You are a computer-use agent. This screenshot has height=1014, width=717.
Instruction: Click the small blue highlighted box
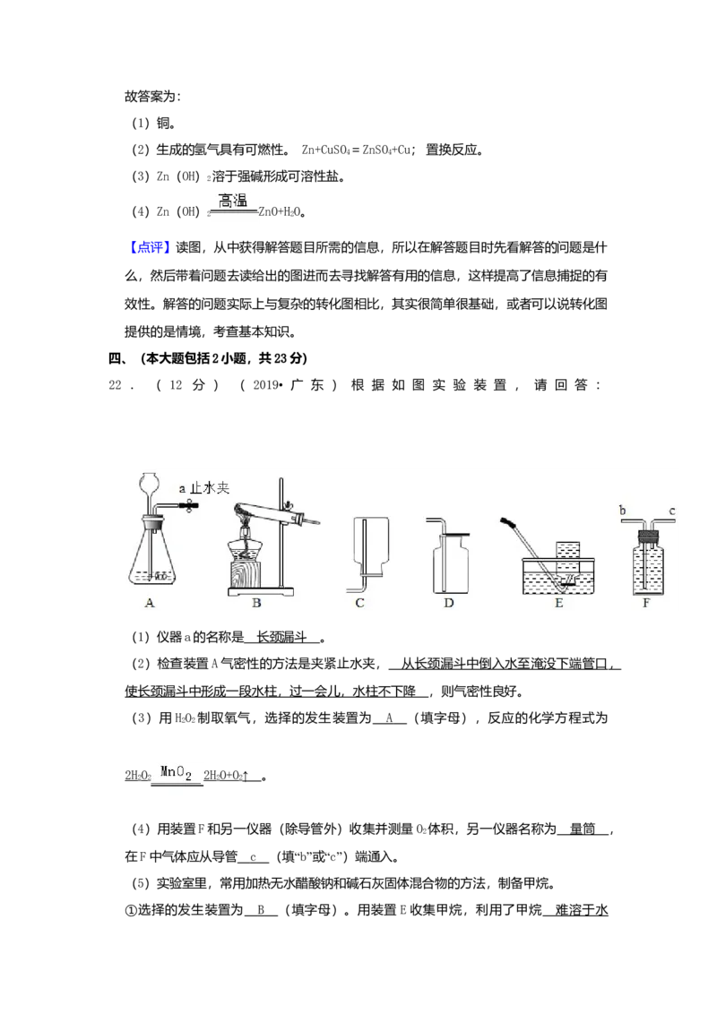(150, 248)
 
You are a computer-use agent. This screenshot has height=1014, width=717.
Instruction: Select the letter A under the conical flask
(151, 604)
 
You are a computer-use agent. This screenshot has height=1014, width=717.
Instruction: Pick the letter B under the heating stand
(256, 604)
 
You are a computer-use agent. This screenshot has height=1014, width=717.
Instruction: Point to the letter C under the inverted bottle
(359, 604)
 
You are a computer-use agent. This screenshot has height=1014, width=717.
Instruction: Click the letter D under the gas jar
(449, 604)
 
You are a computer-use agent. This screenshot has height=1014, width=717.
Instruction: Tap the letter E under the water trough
(558, 604)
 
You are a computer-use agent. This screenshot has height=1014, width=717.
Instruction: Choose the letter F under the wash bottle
(646, 604)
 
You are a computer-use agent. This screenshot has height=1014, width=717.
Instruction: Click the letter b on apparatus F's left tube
(621, 511)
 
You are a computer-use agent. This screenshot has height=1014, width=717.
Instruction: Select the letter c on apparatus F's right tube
(672, 511)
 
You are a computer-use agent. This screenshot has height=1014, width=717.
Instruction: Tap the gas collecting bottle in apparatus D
(450, 565)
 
